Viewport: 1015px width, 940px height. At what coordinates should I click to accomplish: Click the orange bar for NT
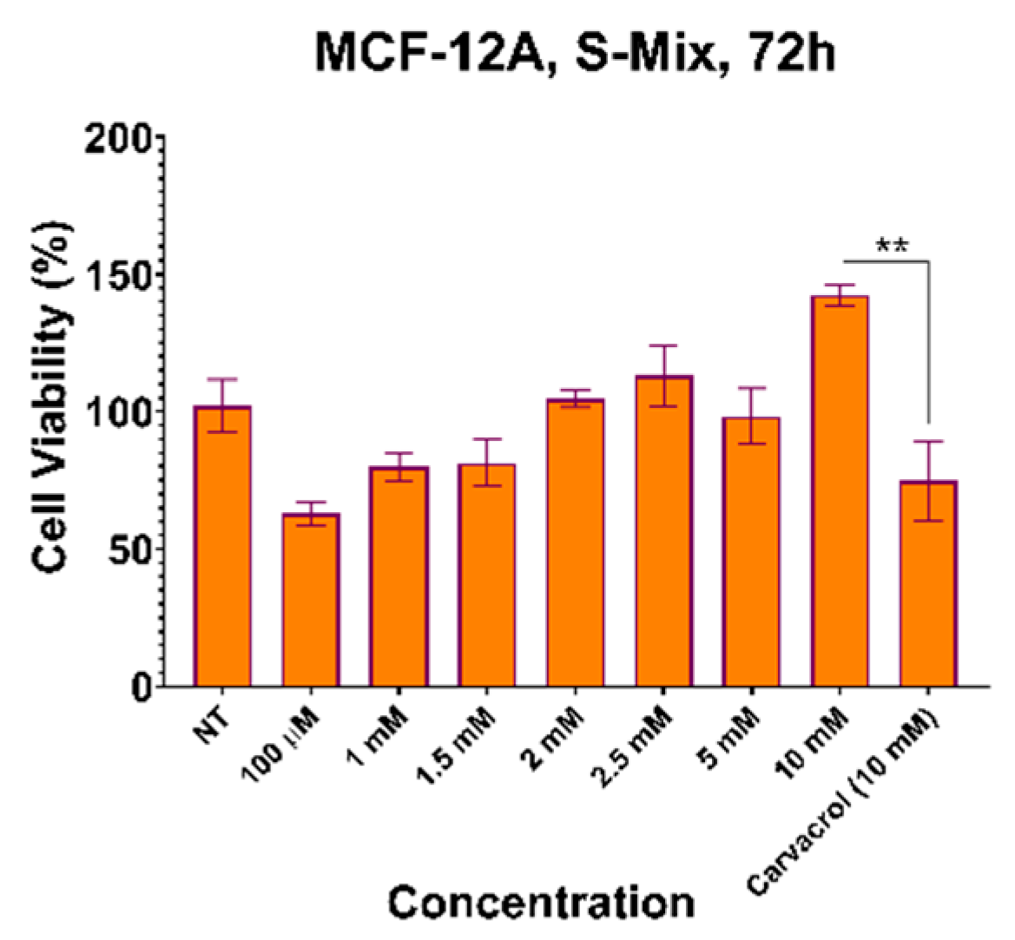(222, 547)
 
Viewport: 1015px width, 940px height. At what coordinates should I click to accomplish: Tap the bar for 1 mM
(399, 577)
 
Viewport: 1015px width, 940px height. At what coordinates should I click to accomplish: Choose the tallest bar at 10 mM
(840, 491)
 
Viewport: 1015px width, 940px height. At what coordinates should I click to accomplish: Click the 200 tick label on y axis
(119, 139)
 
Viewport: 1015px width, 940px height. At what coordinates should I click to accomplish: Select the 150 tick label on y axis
(119, 276)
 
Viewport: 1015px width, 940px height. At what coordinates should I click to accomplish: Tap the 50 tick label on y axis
(129, 550)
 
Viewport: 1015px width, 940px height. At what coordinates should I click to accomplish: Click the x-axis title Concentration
(541, 903)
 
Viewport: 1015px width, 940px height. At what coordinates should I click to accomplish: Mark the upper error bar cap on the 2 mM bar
(575, 391)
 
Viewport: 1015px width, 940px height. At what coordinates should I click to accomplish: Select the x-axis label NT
(208, 719)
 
